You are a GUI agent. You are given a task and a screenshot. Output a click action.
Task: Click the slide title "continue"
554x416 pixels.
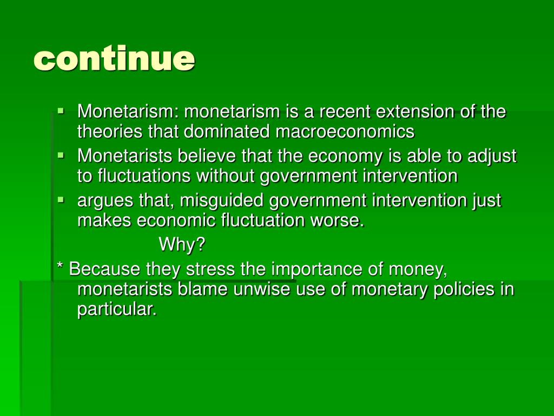pos(114,58)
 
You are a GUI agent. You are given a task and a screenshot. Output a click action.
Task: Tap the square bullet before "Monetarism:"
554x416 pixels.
pos(61,110)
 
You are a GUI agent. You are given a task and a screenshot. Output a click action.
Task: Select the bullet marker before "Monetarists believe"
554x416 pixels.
pos(61,155)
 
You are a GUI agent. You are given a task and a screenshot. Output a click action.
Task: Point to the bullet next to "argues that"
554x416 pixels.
pos(61,200)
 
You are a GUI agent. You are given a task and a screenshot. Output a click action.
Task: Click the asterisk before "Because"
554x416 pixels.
pos(60,265)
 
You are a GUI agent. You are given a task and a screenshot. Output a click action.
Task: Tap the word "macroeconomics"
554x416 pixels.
pos(345,132)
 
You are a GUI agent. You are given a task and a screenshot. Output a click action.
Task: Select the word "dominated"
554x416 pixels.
pos(227,131)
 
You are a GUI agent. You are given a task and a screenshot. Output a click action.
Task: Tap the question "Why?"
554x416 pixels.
pos(182,244)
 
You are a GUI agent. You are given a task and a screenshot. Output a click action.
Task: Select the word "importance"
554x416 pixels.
pos(316,270)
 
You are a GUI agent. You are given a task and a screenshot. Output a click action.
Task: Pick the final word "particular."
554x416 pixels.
pos(117,309)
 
